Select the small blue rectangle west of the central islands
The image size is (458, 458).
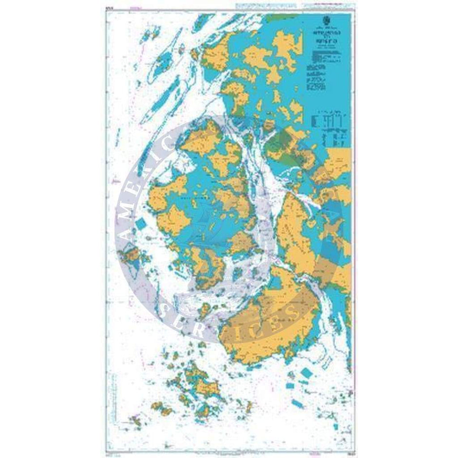coord(140,225)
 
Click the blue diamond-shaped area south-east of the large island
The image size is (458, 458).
coord(306,374)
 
